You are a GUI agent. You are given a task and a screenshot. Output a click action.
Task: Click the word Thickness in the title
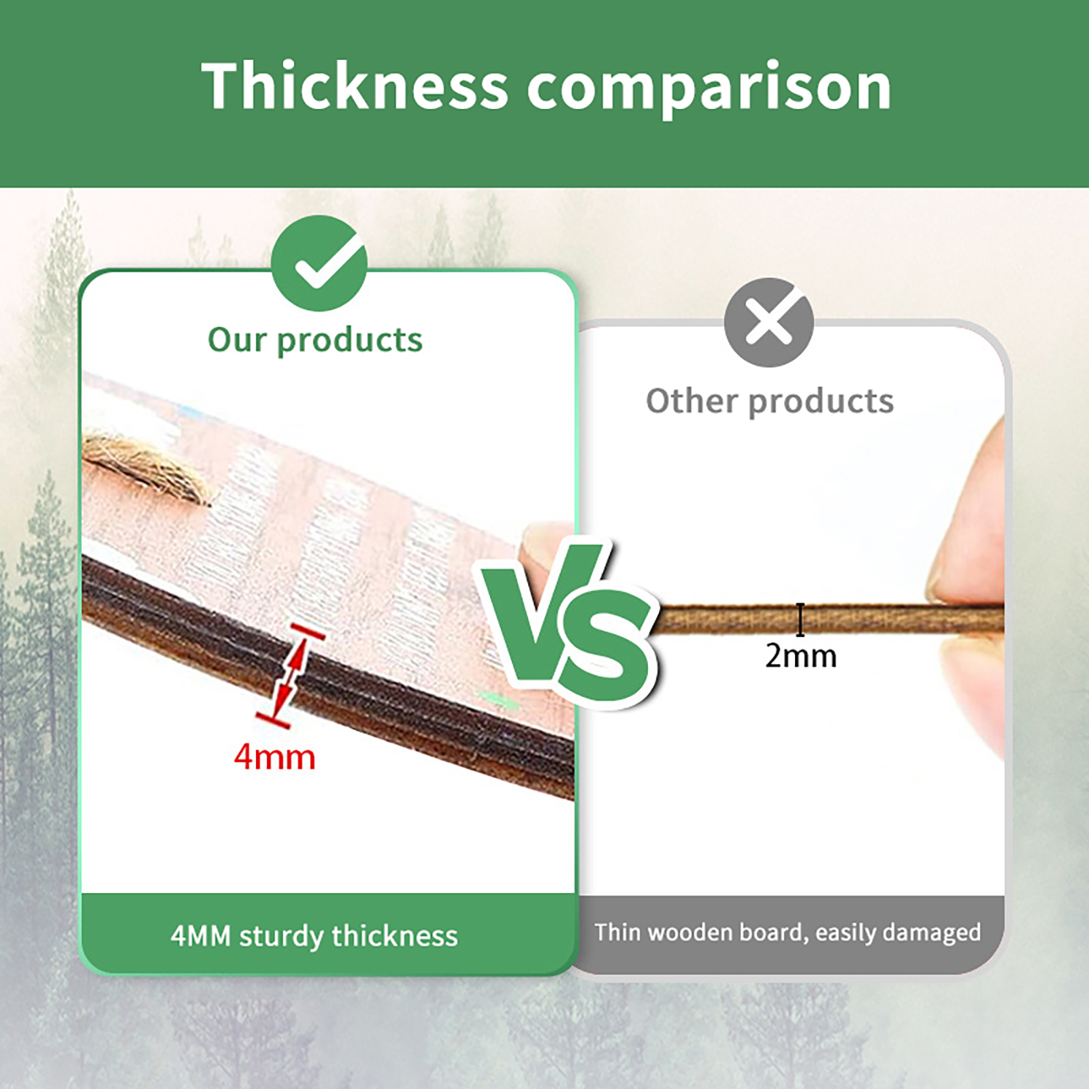(355, 86)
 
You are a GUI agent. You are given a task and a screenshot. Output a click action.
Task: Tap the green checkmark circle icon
(319, 263)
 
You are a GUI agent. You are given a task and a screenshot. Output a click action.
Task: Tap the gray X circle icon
(769, 322)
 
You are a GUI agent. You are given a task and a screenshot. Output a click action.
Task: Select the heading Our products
(315, 340)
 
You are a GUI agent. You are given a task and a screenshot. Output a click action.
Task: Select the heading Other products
(770, 401)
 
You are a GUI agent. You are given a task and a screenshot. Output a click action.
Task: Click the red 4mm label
(275, 758)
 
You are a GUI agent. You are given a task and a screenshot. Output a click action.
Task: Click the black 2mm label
(801, 656)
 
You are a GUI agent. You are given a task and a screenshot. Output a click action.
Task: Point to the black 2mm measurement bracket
(800, 619)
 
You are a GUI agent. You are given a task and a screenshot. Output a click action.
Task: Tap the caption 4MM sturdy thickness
(314, 937)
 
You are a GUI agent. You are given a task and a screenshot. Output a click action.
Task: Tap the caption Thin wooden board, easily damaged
(788, 932)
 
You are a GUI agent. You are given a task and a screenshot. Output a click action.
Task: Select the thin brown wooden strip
(827, 618)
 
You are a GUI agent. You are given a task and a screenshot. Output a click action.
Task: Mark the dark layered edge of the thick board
(327, 670)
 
